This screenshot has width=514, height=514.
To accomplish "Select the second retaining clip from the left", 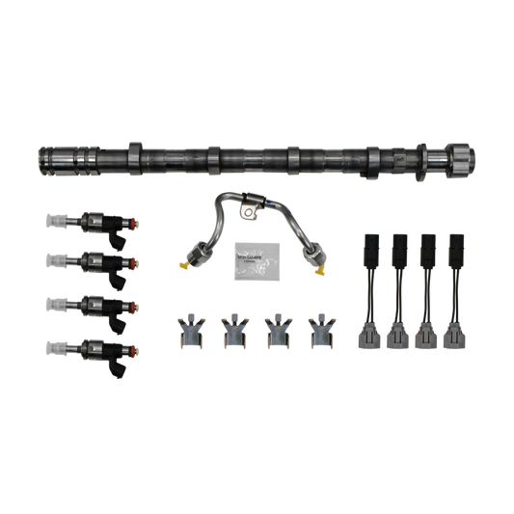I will coord(232,330).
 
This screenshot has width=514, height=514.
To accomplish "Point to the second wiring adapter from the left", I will coord(398,289).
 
